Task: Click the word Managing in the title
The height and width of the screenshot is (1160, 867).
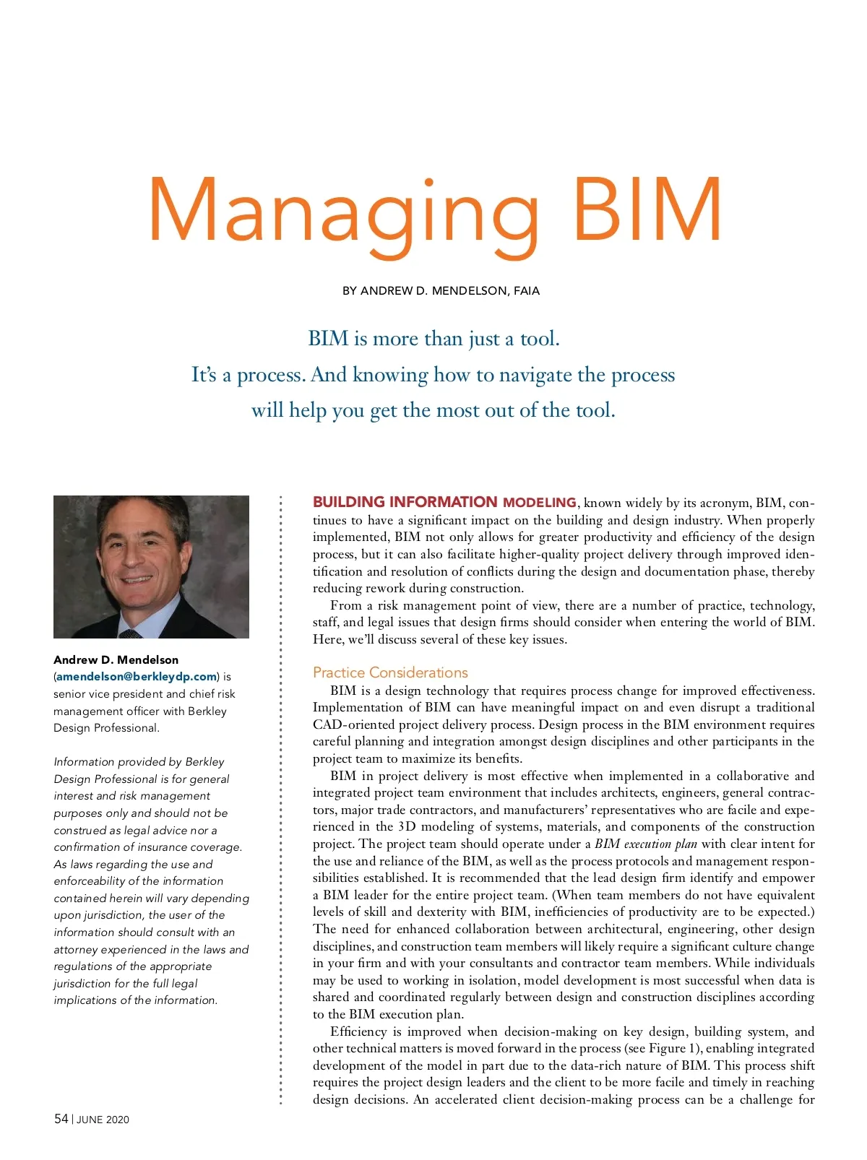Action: (343, 212)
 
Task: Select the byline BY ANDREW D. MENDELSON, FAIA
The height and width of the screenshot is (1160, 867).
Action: (441, 291)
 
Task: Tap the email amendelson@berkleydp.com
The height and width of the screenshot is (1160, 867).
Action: (137, 677)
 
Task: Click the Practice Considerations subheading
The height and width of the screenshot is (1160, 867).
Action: (390, 672)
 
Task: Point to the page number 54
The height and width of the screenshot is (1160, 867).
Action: (61, 1119)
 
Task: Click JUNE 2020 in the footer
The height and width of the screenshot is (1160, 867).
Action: (103, 1120)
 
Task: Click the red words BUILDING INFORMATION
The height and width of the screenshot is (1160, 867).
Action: (405, 502)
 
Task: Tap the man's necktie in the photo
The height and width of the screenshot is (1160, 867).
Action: (131, 633)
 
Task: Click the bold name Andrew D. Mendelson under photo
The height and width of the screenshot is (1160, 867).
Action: (116, 659)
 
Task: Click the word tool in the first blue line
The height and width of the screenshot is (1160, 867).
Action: (539, 339)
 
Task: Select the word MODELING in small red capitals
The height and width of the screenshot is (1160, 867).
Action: (539, 503)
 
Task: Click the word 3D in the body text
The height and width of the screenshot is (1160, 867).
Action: (407, 826)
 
